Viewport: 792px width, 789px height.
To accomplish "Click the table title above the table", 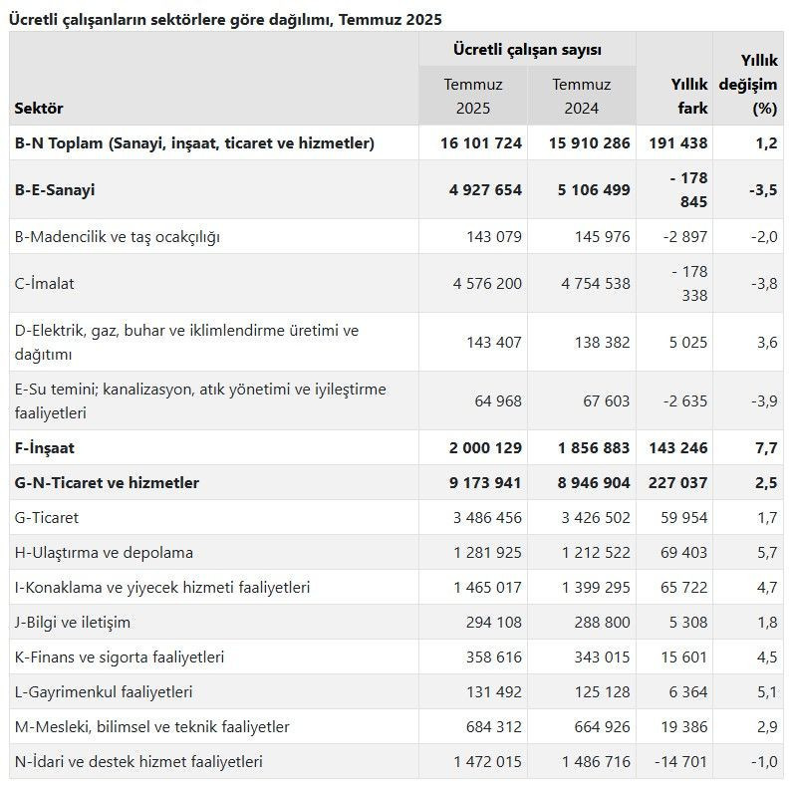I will [x=225, y=19].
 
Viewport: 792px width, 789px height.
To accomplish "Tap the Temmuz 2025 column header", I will [x=473, y=97].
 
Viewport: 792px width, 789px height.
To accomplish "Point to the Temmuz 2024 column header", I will [x=582, y=97].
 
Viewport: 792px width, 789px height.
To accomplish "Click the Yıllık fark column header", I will [x=687, y=97].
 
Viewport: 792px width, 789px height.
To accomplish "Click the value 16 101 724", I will [x=481, y=142].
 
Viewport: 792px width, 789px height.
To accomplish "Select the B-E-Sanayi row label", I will [x=56, y=189].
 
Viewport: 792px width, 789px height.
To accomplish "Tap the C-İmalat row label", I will [x=45, y=283].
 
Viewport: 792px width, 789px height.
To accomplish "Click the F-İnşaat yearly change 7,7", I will [x=766, y=447].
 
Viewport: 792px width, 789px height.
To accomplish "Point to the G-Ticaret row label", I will [x=47, y=517].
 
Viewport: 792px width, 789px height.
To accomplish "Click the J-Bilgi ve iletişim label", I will [x=74, y=622].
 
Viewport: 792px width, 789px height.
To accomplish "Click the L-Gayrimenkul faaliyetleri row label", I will [x=105, y=691].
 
